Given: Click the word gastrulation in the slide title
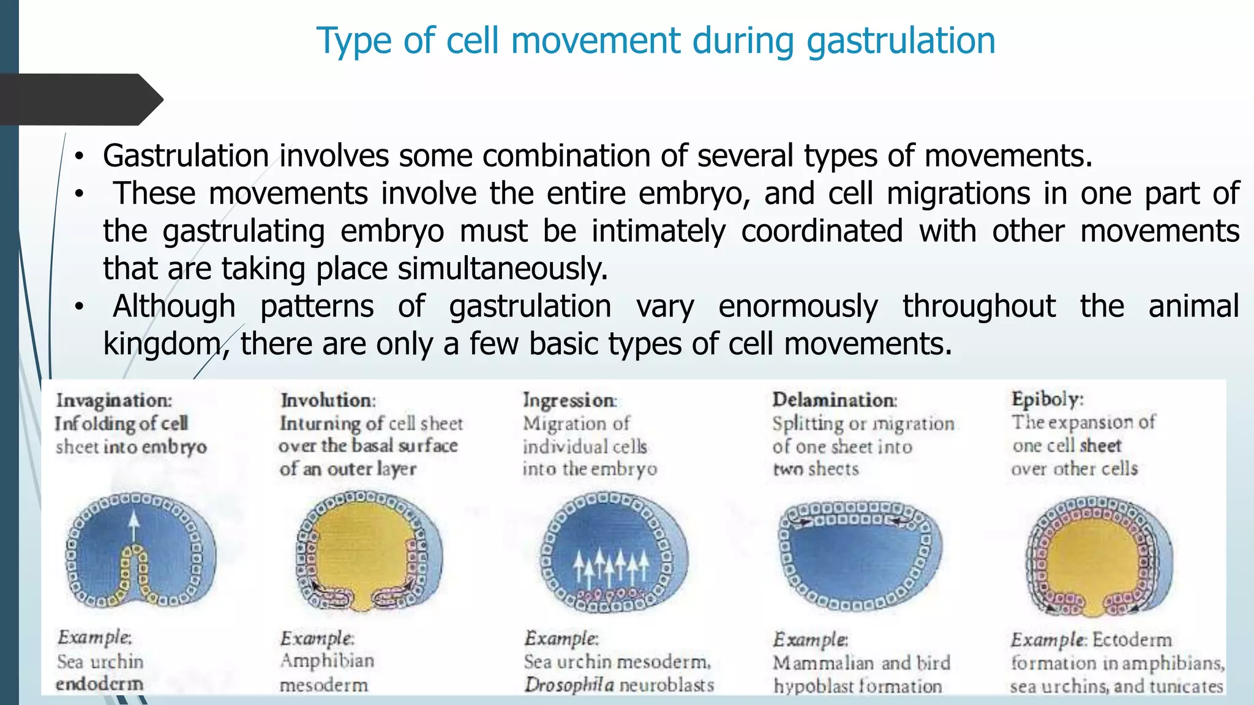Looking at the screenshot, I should (901, 41).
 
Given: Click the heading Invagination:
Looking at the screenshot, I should (114, 400).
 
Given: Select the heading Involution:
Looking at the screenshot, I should (328, 400).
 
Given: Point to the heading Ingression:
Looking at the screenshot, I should (569, 400).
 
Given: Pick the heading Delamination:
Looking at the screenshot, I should (835, 400).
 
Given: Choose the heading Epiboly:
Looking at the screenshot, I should (1047, 399).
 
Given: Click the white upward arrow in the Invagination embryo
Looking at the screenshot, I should (134, 526).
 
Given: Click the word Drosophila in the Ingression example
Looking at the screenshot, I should (569, 685).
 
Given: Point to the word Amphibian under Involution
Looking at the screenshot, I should (327, 661).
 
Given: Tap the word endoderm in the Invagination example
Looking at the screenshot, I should (99, 684).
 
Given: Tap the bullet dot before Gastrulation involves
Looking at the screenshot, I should (78, 157).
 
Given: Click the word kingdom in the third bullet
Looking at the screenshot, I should (161, 344).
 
